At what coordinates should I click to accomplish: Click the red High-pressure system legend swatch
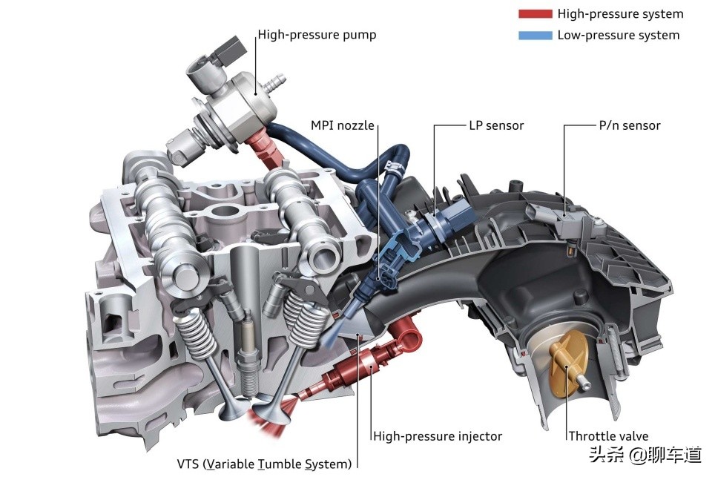535,13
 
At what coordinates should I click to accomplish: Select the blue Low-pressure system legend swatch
535,35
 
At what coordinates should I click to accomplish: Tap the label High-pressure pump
317,35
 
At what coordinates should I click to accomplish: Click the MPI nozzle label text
343,125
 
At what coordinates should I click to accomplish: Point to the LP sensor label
497,125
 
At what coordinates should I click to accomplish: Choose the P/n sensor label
630,125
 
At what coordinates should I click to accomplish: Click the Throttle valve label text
608,436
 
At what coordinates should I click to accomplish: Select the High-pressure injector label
438,436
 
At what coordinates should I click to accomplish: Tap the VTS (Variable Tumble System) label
265,464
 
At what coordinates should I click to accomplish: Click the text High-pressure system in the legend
620,13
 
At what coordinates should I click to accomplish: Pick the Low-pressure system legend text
619,35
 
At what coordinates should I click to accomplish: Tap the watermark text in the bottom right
645,455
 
